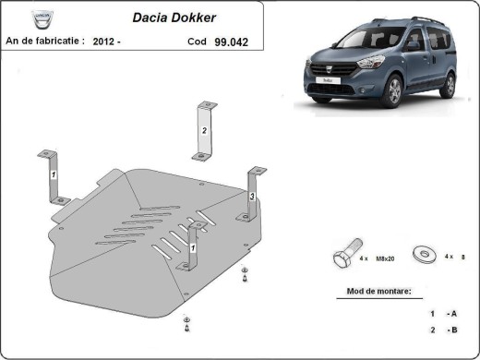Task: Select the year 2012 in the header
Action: pos(106,42)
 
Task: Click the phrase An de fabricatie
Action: pos(44,42)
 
